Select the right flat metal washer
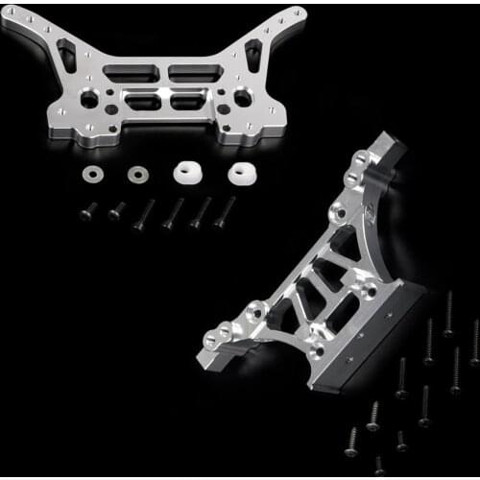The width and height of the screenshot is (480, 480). [137, 174]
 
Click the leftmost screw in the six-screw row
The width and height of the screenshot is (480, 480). [87, 211]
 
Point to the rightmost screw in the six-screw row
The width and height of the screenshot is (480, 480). [226, 212]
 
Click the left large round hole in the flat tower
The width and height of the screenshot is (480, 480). [88, 98]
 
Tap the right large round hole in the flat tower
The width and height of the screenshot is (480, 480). [243, 98]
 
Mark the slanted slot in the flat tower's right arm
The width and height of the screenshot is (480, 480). [257, 56]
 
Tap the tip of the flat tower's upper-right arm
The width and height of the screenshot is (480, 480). [300, 13]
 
